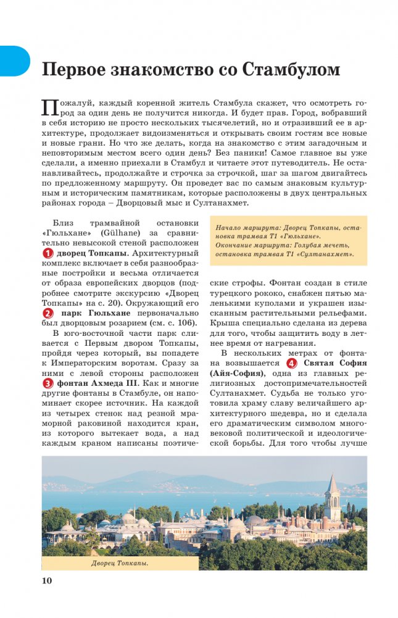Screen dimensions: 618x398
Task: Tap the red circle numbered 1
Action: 47,254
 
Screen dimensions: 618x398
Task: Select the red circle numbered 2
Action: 47,314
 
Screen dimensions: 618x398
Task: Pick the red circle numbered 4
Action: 292,363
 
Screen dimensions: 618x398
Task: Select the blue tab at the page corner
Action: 14,61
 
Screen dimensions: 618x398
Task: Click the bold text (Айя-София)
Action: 238,374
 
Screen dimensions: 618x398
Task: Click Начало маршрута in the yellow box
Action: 243,228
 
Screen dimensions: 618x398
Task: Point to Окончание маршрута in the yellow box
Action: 249,245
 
